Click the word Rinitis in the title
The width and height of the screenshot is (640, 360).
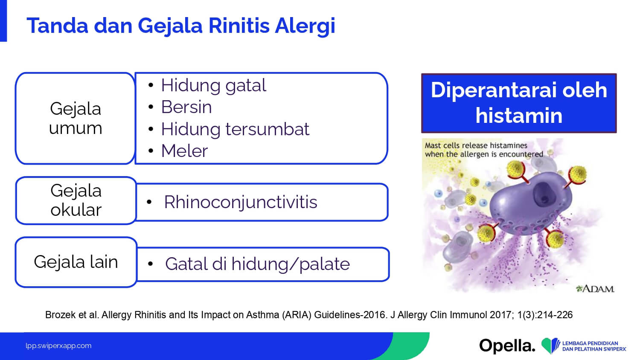[239, 26]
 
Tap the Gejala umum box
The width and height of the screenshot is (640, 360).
[75, 118]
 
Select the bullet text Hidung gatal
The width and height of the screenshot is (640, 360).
[213, 85]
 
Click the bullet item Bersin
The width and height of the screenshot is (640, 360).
[186, 107]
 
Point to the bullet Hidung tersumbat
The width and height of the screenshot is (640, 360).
[235, 129]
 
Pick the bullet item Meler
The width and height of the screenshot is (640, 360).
[184, 151]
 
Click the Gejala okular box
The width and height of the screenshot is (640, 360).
[76, 200]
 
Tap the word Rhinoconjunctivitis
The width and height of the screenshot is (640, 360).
[241, 202]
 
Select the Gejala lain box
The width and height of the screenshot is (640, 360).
[76, 262]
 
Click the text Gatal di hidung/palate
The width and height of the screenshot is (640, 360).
[257, 264]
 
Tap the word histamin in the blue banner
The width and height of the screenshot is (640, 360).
[519, 116]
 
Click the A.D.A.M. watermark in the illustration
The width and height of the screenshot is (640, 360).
[595, 289]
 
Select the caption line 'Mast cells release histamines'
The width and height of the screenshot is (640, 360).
[476, 145]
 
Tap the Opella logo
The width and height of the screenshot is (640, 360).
[507, 346]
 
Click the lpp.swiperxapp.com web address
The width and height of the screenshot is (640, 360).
[58, 346]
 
